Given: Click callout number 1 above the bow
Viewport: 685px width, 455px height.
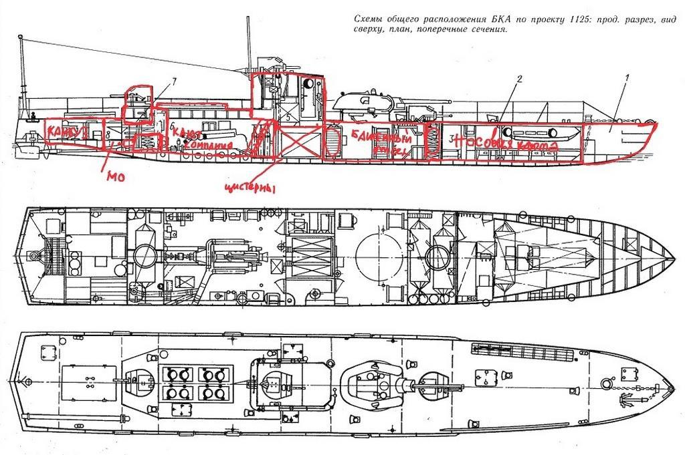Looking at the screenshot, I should [627, 77].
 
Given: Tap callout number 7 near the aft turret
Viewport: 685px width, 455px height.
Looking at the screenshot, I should [174, 81].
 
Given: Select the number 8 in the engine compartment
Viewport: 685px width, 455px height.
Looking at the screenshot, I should [108, 134].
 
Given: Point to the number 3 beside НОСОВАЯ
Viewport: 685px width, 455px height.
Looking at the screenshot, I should [452, 138].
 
